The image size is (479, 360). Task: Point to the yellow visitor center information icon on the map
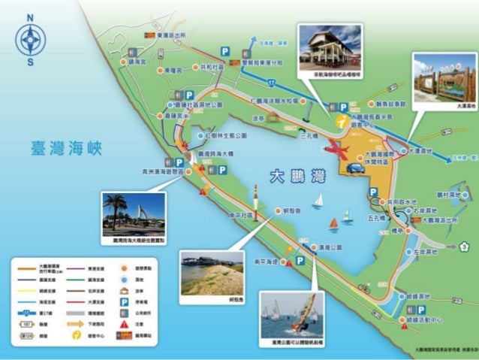tap(342, 120)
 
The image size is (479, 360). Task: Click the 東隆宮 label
tap(169, 70)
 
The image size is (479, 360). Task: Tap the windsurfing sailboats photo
tap(292, 315)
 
